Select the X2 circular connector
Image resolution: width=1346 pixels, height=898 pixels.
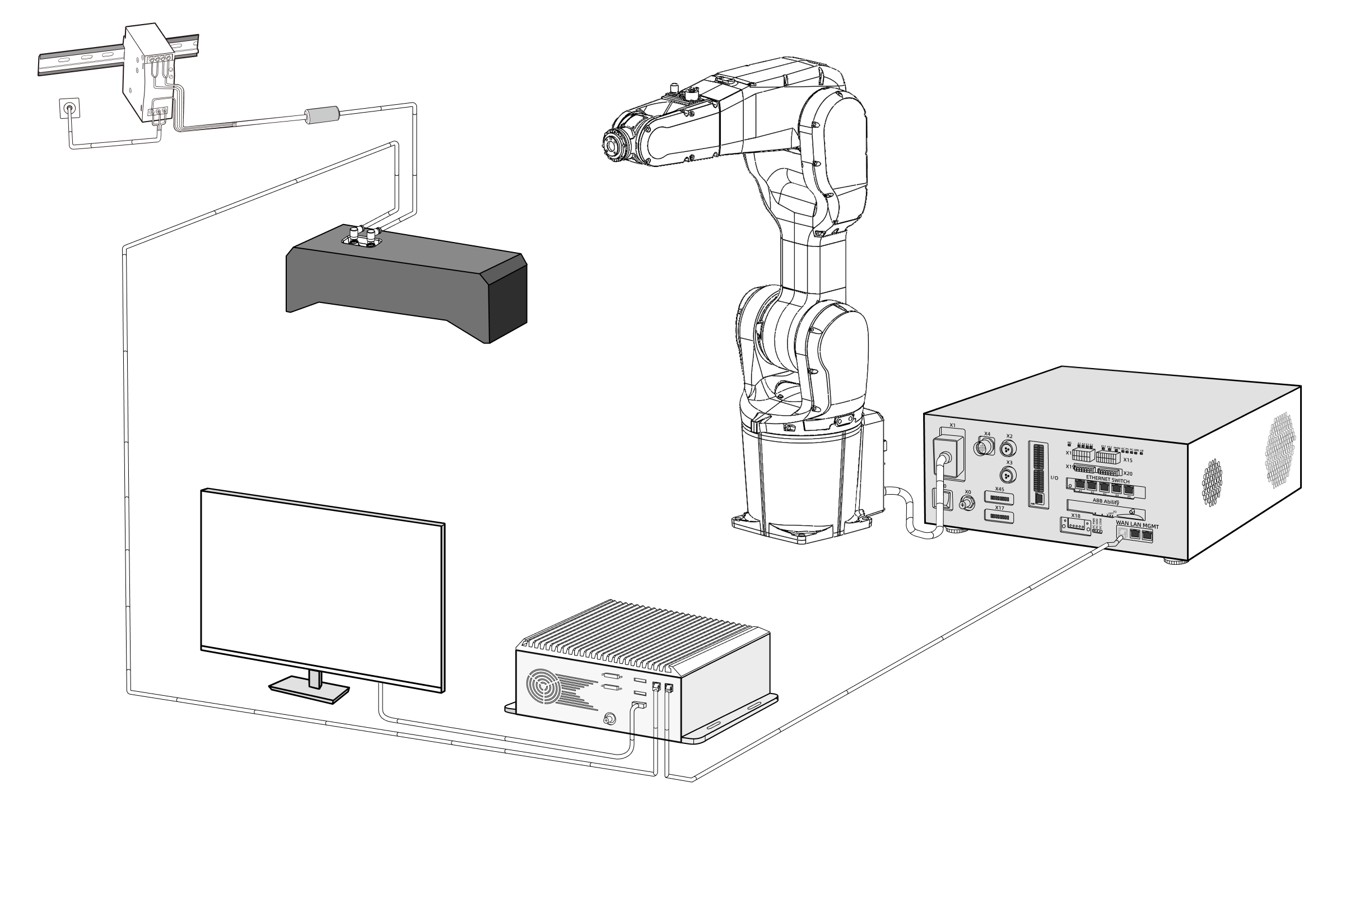pos(1008,448)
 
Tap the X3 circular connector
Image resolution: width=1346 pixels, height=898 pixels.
pos(1008,475)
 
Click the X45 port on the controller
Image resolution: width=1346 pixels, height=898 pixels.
pos(999,498)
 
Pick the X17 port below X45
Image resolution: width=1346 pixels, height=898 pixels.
pos(999,517)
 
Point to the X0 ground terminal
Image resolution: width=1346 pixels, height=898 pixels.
pos(967,504)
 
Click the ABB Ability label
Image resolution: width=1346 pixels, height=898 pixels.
pos(1106,501)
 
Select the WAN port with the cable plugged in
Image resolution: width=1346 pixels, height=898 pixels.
pos(1123,533)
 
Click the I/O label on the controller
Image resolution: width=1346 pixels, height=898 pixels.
pos(1054,478)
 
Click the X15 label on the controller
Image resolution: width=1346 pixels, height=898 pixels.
pos(1128,460)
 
